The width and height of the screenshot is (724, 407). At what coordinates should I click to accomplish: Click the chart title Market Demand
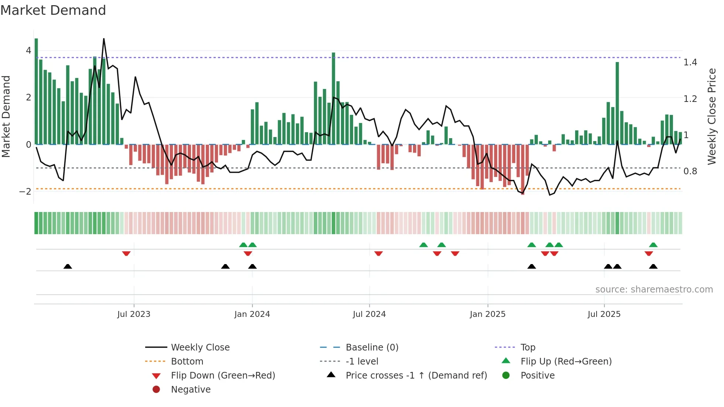53,10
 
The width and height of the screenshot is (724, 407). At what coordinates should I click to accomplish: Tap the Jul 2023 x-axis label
134,314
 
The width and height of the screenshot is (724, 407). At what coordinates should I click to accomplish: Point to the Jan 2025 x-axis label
488,314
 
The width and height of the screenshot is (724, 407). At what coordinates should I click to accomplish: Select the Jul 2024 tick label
369,314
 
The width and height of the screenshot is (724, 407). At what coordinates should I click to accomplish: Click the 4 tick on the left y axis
28,51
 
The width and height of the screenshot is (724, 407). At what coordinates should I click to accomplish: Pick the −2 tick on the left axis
25,192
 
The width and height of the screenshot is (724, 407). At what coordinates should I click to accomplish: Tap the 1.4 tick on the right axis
690,62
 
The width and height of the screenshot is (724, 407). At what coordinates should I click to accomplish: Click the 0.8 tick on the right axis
690,171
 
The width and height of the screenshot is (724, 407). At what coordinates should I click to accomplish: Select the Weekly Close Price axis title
711,116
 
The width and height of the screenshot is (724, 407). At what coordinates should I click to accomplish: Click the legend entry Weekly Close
200,348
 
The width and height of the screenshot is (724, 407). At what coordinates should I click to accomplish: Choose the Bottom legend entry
187,362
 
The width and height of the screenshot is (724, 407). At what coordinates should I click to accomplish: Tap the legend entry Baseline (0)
372,348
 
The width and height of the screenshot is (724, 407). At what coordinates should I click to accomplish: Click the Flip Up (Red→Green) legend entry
566,362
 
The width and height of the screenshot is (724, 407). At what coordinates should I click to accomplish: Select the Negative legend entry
191,390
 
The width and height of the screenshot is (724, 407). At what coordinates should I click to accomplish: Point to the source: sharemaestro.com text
654,290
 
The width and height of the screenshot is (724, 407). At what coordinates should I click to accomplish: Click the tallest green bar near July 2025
617,103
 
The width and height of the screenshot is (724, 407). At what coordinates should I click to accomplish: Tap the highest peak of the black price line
104,39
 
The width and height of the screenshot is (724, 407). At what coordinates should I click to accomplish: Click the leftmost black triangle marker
68,267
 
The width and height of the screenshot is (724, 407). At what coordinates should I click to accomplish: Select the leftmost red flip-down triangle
126,253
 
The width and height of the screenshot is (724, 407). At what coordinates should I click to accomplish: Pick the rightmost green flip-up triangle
653,245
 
